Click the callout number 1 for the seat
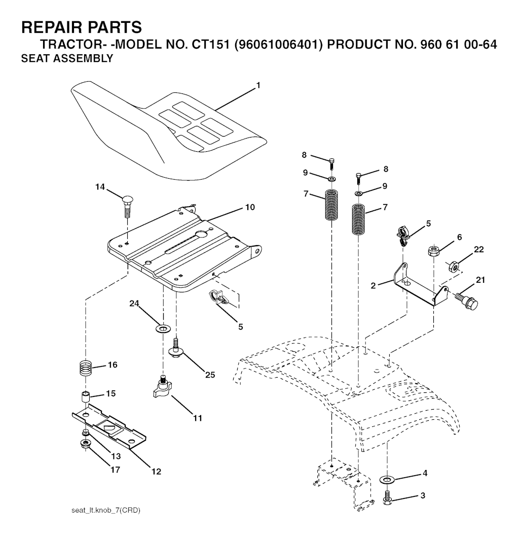[258, 86]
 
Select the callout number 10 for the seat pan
[250, 207]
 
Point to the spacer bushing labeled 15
[86, 396]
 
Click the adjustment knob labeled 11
[161, 390]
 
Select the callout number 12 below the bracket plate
[156, 472]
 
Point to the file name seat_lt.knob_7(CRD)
[106, 510]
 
